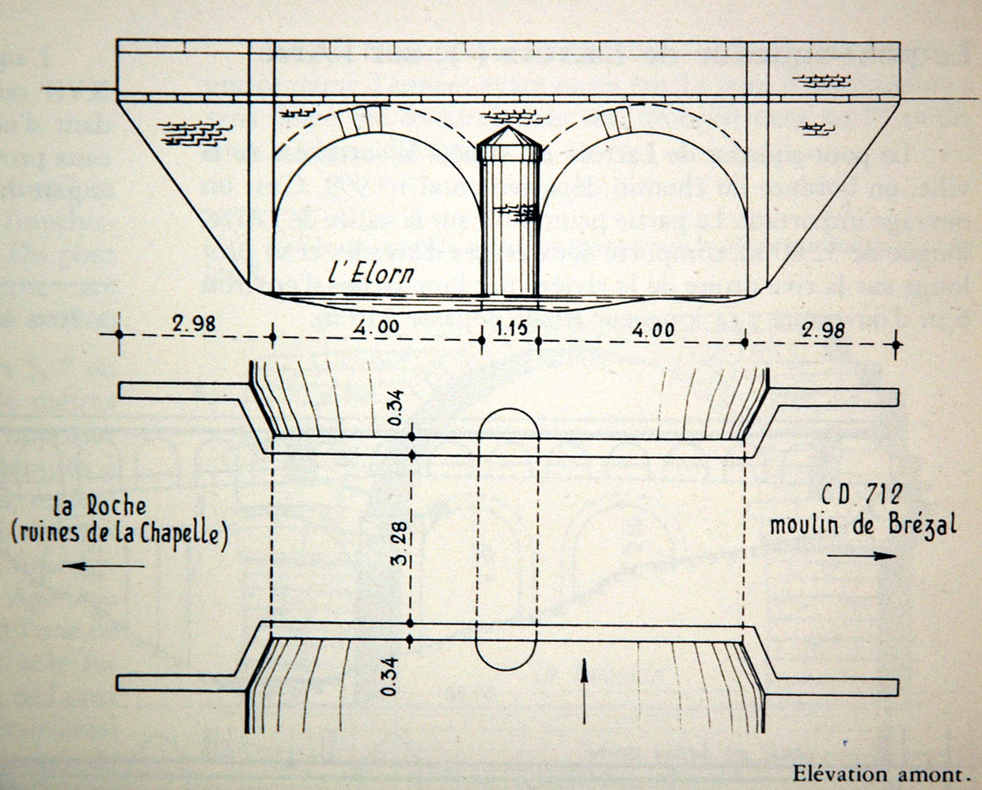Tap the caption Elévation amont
coord(880,773)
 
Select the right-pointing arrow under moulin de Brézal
coord(862,556)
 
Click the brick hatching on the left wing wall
coord(191,131)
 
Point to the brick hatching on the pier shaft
coord(519,211)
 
